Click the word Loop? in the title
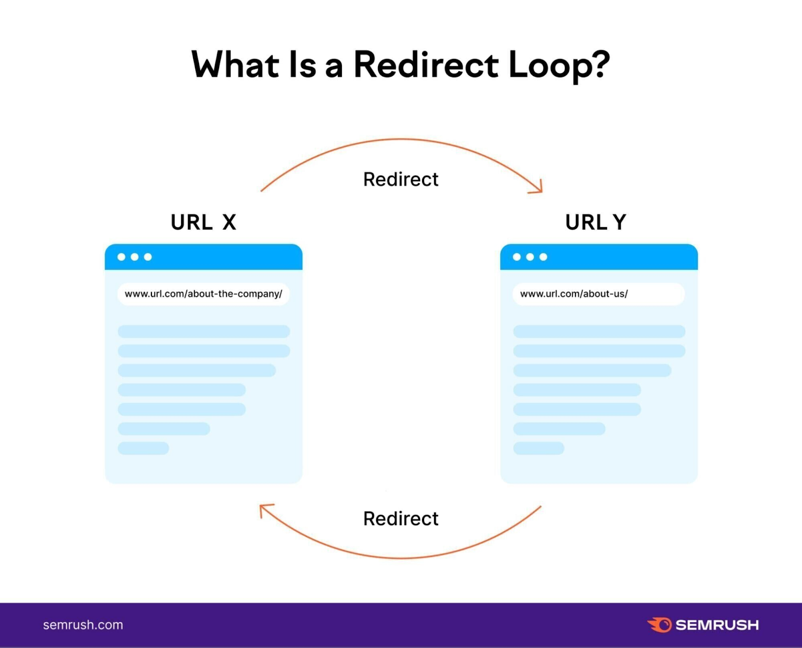559,65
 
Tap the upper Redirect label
400,179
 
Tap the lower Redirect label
400,519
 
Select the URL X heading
203,222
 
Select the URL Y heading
595,222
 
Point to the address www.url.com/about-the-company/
203,294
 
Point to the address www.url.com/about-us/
574,294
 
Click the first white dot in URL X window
121,257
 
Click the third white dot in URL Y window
543,257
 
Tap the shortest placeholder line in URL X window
143,448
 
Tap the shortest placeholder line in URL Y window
539,448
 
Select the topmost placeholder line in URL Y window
599,331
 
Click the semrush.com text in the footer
83,625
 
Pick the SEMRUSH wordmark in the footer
717,625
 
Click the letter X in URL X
229,222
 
